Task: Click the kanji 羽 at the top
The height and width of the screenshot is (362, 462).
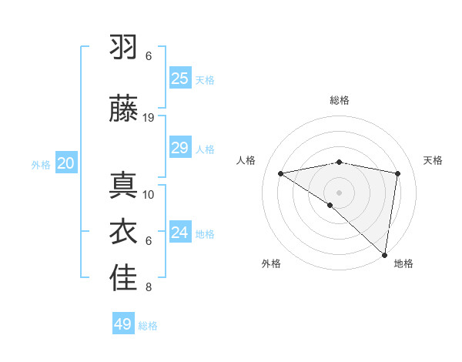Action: coord(123,48)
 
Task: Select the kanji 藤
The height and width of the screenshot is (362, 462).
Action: coord(123,109)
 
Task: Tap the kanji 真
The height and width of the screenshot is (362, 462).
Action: coord(123,186)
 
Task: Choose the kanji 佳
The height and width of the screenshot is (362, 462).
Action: coord(123,279)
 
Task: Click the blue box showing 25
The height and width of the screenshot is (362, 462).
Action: coord(179,79)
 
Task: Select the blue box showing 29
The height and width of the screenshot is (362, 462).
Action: coord(179,148)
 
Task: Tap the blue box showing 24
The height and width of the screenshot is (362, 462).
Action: coord(179,233)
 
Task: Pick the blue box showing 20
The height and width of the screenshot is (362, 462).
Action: coord(65,163)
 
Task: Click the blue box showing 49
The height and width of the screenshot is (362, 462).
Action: coord(122,324)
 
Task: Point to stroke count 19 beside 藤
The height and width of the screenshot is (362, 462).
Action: coord(149,118)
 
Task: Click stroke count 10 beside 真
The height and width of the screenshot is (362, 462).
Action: coord(149,195)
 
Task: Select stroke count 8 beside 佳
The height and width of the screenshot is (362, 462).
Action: coord(149,288)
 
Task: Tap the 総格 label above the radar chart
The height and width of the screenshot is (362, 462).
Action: coord(339,100)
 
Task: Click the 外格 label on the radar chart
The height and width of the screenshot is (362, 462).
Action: coord(271,263)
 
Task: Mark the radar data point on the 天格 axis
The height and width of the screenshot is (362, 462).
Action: coord(398,173)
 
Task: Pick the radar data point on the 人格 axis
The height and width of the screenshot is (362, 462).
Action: coord(280,173)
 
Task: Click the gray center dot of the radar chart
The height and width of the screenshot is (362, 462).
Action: coord(339,192)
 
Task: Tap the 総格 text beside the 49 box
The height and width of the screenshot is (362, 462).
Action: coord(148,326)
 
